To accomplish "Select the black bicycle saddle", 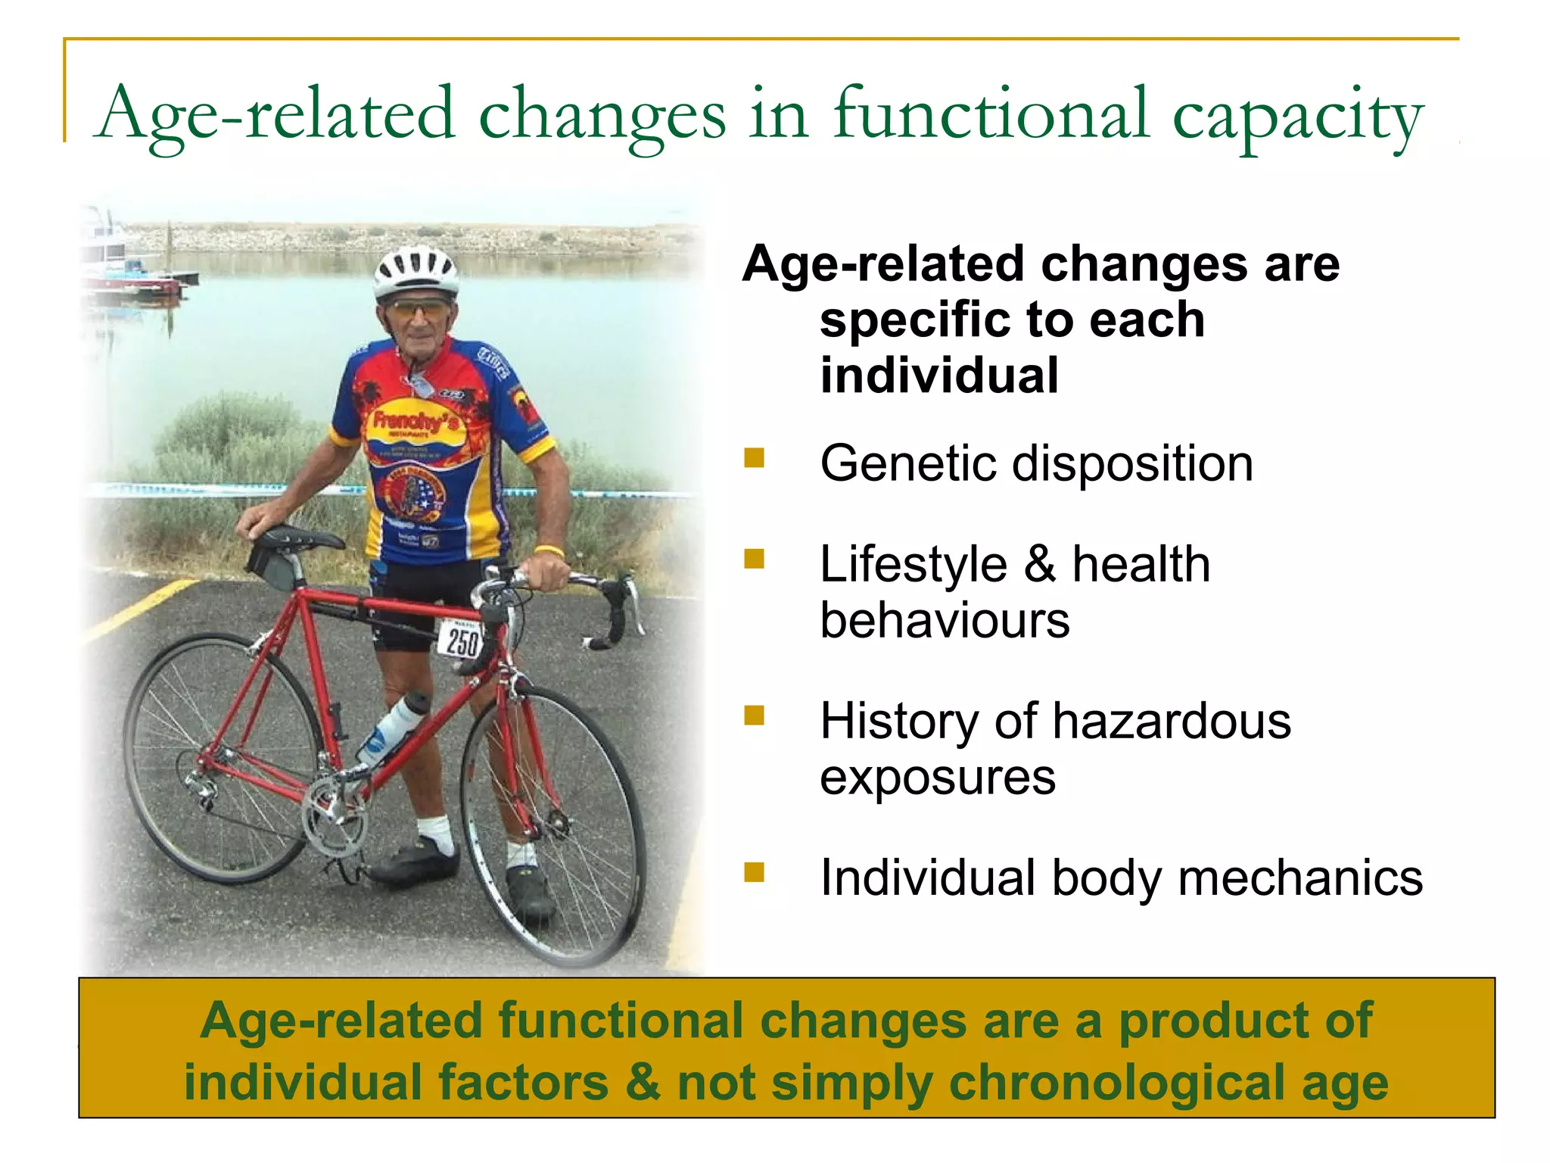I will coord(298,538).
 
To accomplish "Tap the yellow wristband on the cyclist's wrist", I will coord(549,550).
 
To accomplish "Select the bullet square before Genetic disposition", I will coord(754,458).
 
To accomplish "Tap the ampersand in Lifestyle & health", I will coord(1040,564).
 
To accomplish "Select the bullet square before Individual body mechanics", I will coord(754,872).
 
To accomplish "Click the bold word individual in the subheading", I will coord(939,376).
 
